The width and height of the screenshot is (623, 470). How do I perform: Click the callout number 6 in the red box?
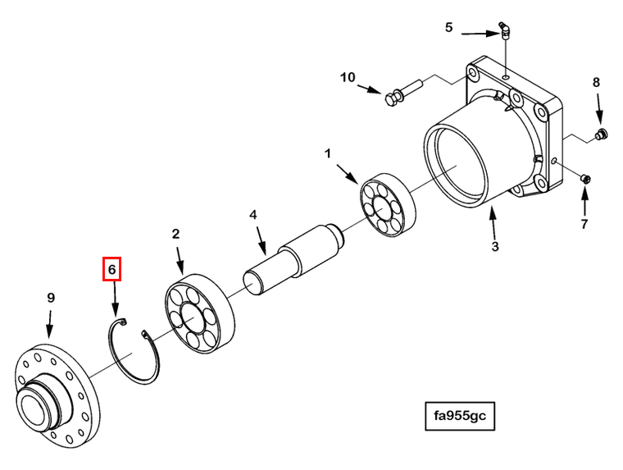coord(111,270)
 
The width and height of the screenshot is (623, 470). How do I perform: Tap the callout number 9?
coord(51,298)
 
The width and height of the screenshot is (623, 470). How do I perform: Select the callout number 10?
coord(348,77)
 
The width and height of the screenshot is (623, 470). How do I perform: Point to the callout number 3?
coord(494,247)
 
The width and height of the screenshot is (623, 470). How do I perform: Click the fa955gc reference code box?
coord(460,416)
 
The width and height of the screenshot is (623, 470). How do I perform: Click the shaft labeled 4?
coord(294,258)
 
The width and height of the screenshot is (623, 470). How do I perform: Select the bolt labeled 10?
coord(402,93)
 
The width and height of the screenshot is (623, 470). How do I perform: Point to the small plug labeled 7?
coord(585,179)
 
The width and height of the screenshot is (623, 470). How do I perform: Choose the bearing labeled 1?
coord(388,205)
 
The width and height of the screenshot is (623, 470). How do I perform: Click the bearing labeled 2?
coord(199,314)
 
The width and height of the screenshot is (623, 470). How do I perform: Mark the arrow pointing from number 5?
coord(480,34)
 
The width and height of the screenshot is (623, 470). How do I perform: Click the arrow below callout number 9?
coord(50,325)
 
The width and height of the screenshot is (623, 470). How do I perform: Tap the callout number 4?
coord(253,215)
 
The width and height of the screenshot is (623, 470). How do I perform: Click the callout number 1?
coord(328,153)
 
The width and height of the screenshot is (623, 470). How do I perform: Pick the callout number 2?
coord(175,234)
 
